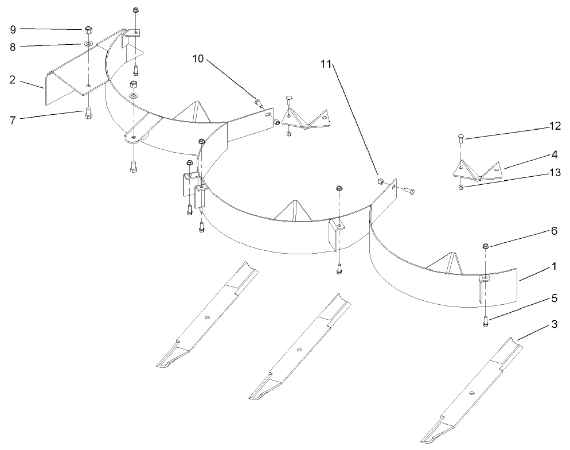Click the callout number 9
coord(13,29)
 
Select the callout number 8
coord(13,47)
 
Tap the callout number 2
coord(13,80)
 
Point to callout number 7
coord(13,120)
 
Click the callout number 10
coord(198,59)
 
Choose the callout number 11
coord(326,64)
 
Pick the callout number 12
coord(555,126)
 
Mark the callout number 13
coord(555,172)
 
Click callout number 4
coord(555,154)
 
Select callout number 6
coord(555,231)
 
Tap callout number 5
coord(555,298)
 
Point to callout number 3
coord(555,324)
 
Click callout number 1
coord(555,267)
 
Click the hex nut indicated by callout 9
coord(88,30)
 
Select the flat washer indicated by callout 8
coord(88,44)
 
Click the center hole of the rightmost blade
coord(471,393)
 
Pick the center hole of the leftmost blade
coord(207,317)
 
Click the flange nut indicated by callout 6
coord(485,246)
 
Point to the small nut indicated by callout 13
coord(461,188)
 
